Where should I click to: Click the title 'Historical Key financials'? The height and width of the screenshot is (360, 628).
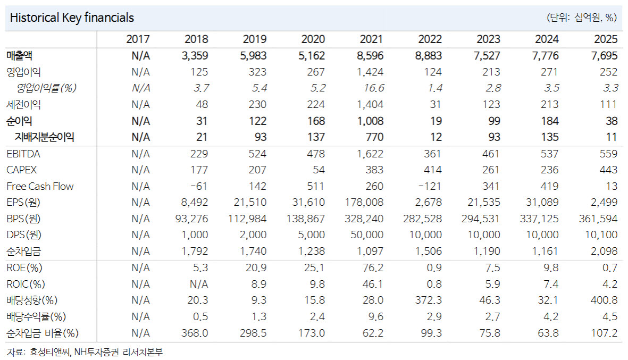point(72,18)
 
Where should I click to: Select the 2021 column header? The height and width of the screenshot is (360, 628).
point(371,39)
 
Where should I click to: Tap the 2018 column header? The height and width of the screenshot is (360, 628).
point(196,39)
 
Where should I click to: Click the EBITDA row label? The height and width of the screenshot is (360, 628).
point(23,154)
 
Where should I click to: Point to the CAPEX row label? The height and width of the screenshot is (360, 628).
point(22,170)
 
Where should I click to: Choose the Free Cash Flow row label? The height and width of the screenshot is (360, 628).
point(40,186)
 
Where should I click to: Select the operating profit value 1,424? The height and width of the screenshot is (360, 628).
point(370,72)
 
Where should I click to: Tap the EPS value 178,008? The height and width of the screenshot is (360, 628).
point(364,202)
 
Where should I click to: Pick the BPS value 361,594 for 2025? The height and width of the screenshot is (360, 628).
point(598,219)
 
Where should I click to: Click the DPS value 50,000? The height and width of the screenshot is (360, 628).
point(367,235)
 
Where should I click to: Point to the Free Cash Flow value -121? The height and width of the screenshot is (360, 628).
point(430,186)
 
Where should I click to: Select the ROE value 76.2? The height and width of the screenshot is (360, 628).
point(373,267)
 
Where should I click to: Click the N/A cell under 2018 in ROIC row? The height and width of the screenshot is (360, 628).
point(199,284)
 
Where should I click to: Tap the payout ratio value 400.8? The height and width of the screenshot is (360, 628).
point(604,300)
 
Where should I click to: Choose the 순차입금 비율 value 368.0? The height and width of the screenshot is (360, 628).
point(195,333)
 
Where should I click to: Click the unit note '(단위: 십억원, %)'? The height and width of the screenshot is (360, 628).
point(582,17)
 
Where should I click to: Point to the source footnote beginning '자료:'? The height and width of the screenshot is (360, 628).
point(85,353)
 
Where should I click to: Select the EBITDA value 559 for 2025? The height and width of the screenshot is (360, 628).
point(609,154)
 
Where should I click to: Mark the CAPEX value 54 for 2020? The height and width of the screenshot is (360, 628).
point(319,170)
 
